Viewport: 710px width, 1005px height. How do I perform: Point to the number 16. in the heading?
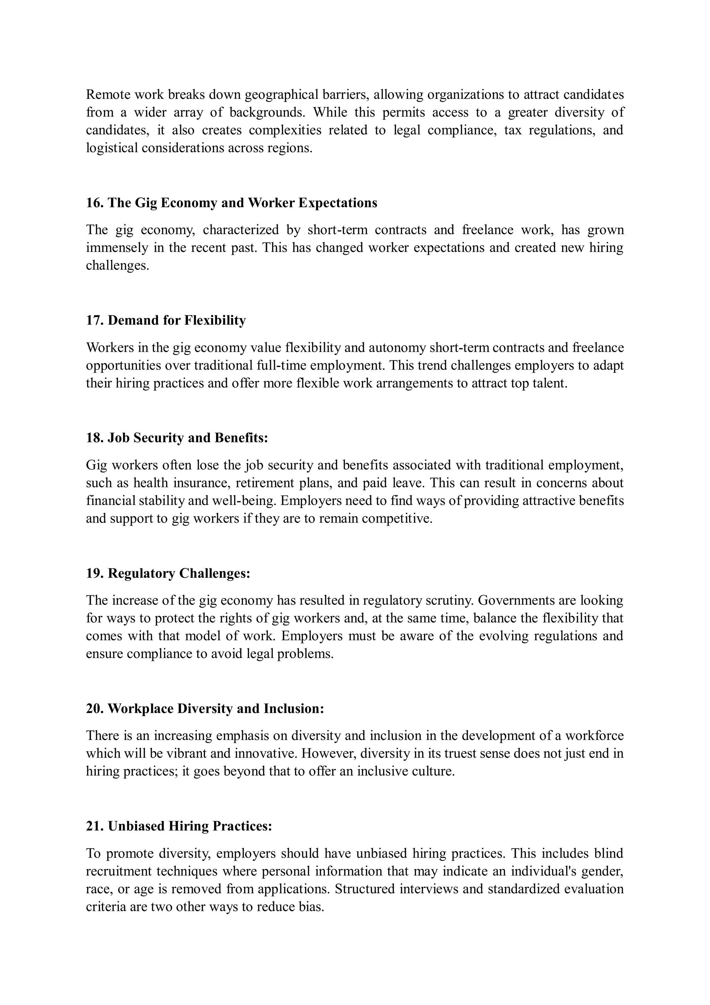coord(95,203)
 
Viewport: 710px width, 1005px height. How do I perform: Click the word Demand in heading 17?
coord(133,321)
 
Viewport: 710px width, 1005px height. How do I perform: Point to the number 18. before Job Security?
coord(95,438)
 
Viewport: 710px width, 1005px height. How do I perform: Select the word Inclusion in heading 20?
coord(294,709)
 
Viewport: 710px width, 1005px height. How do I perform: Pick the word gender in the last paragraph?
coord(602,871)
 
